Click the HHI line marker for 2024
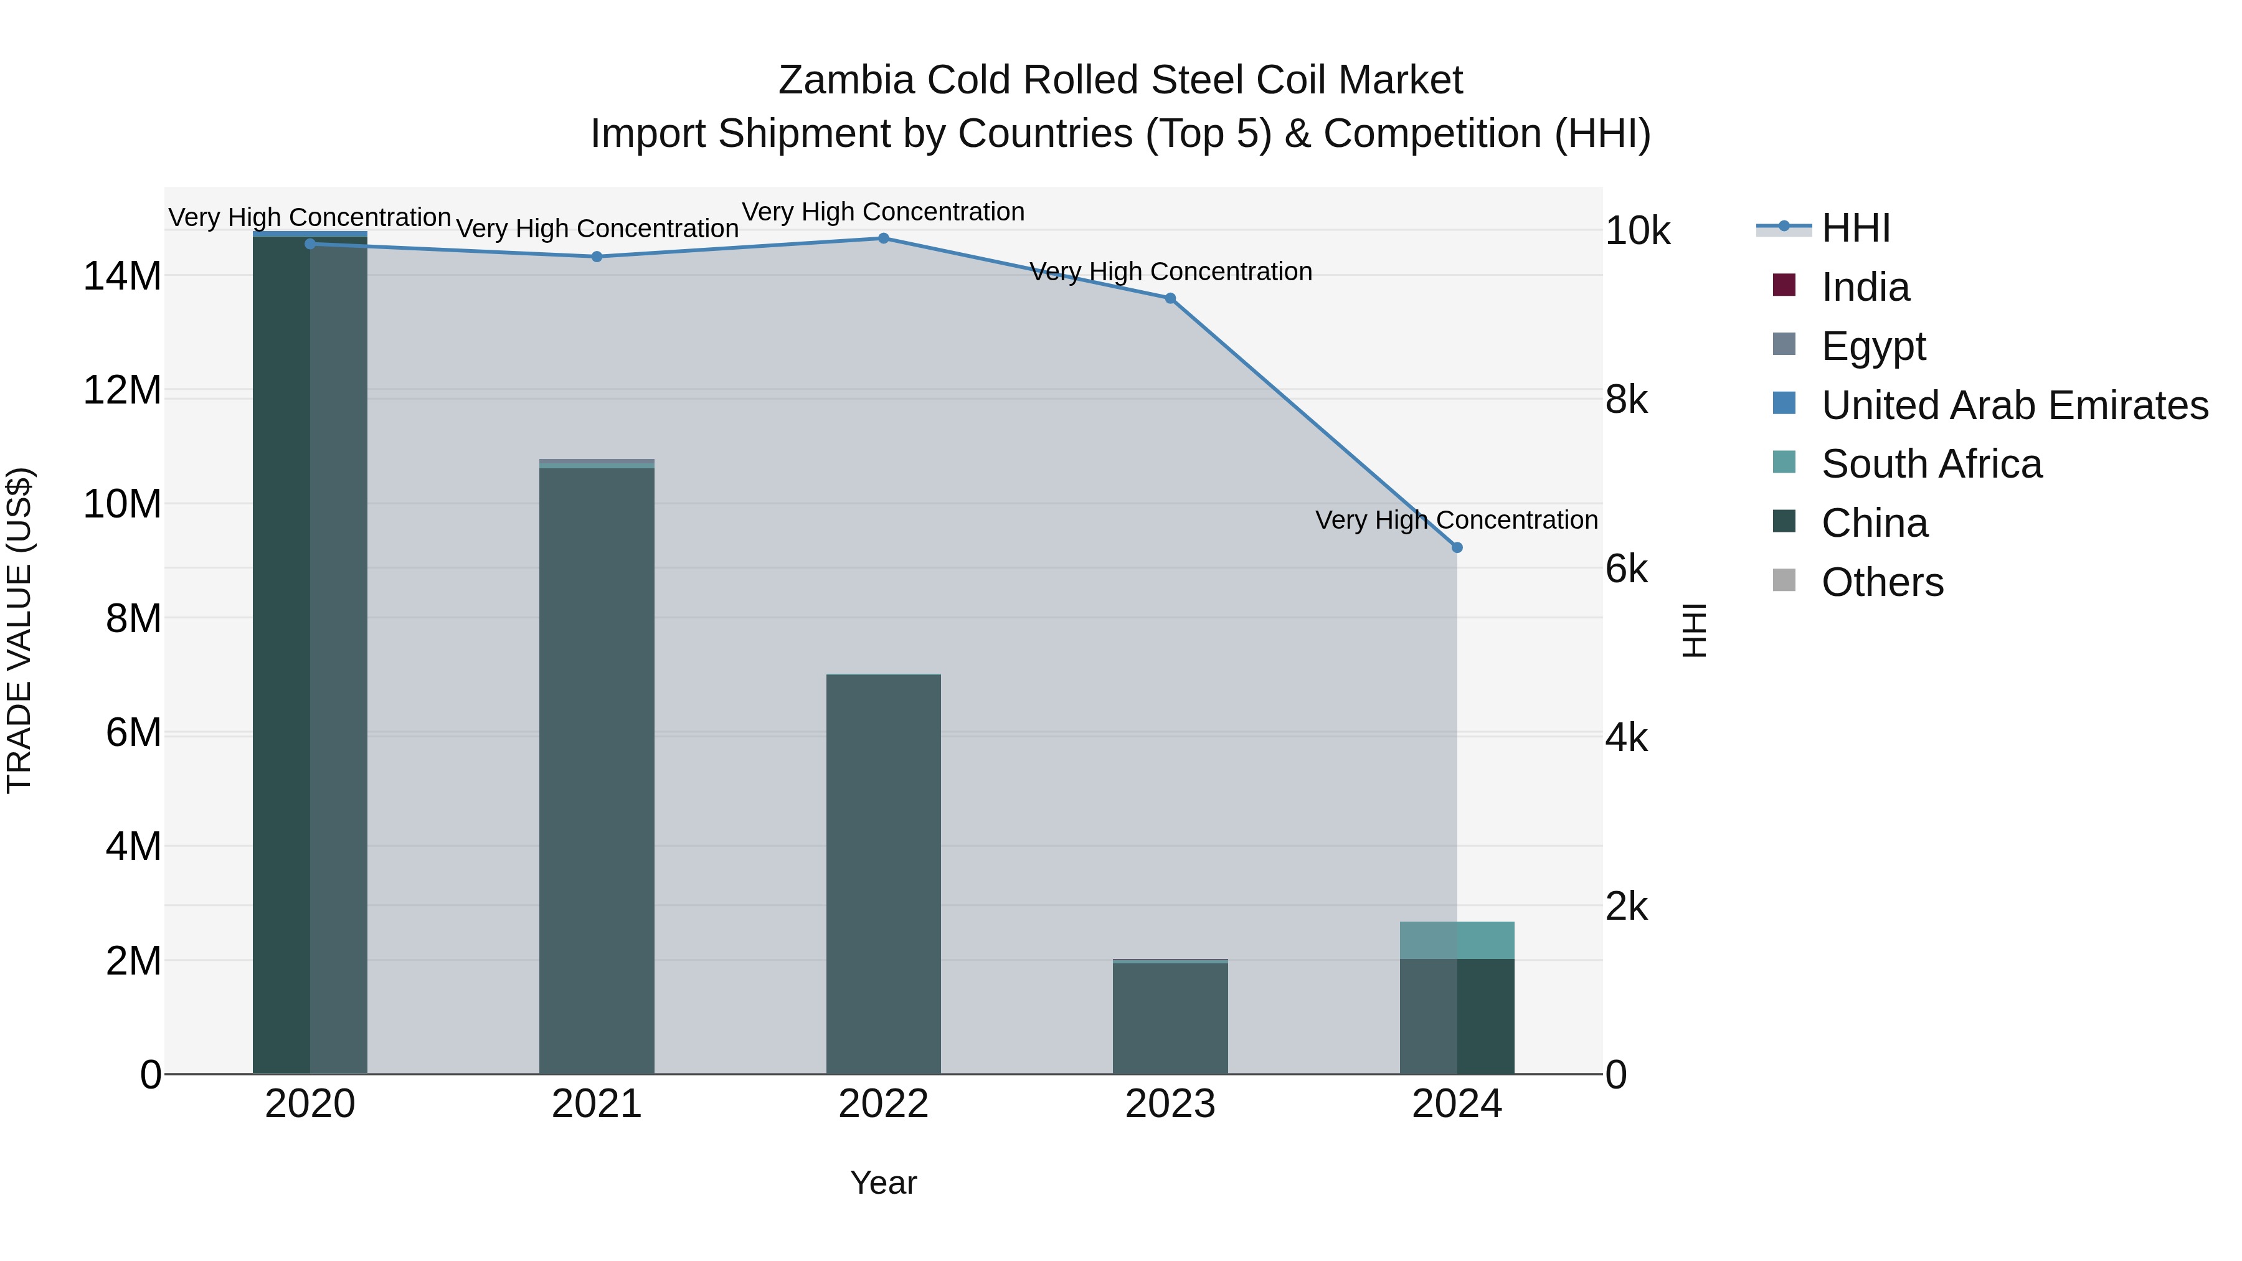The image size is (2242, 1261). click(1457, 547)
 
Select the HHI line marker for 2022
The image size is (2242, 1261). click(883, 238)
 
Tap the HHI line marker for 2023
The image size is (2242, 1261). click(1170, 298)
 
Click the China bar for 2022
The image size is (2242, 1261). click(883, 875)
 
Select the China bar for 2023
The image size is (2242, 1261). click(1170, 1018)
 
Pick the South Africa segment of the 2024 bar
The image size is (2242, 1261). click(1457, 940)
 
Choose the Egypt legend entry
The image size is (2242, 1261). click(1873, 346)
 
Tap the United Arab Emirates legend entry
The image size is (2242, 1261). click(2014, 405)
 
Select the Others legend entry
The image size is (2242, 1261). click(1881, 582)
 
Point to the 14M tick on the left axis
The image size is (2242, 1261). click(122, 276)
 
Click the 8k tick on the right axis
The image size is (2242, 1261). click(1626, 400)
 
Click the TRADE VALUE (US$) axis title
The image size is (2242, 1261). click(19, 630)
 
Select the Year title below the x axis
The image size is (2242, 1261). click(882, 1183)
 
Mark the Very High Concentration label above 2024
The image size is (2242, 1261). click(1456, 519)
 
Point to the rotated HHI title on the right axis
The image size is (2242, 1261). click(1694, 630)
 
